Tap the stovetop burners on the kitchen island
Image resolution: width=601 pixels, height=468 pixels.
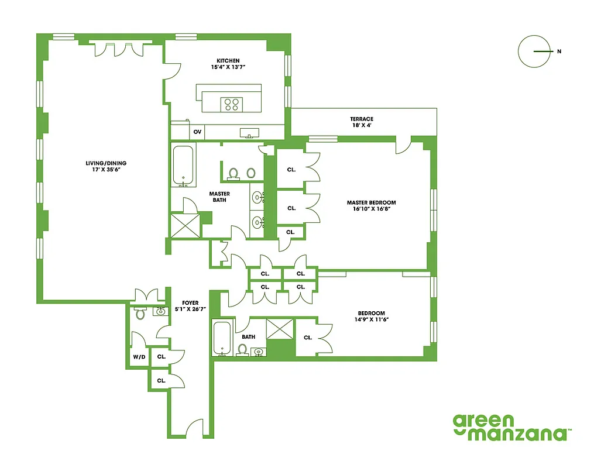(231, 105)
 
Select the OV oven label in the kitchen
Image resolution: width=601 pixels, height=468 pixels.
(197, 132)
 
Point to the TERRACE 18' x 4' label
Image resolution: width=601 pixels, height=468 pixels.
(362, 122)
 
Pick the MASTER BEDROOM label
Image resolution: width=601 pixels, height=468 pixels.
(371, 206)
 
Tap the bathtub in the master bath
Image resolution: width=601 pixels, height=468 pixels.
(184, 166)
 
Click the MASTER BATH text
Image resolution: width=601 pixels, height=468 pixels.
(219, 197)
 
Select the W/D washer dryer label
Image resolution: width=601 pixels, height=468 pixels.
(139, 356)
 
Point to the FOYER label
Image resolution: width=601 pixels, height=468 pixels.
(190, 306)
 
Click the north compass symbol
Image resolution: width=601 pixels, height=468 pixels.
(534, 51)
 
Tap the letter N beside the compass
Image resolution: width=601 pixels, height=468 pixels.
(559, 51)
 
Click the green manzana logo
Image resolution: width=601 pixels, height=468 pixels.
(511, 427)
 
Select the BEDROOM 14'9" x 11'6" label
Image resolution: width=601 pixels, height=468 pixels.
(371, 316)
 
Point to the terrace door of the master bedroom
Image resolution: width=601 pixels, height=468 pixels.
(403, 144)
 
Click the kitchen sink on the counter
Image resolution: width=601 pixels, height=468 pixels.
(250, 133)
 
